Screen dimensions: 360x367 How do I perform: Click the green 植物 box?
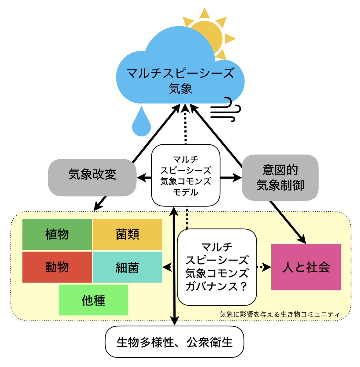(x=57, y=234)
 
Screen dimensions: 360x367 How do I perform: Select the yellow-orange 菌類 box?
(x=127, y=234)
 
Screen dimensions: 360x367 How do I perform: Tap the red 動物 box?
(x=57, y=267)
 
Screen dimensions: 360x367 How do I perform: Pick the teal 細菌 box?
(x=127, y=267)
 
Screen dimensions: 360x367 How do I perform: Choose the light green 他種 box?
(x=93, y=300)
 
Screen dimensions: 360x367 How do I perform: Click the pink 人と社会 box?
(x=306, y=267)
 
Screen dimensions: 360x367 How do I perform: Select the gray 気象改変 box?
(x=92, y=177)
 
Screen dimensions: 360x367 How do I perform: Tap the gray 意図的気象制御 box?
(x=280, y=177)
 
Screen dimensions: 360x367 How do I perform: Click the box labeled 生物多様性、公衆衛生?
(x=174, y=342)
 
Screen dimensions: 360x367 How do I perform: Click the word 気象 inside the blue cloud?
(x=180, y=89)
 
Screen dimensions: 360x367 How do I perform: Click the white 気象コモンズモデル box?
(x=186, y=175)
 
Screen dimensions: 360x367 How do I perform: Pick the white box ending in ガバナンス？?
(x=217, y=267)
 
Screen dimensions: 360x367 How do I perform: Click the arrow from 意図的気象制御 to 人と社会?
(x=288, y=222)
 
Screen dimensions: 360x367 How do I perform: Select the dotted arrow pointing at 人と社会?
(x=264, y=267)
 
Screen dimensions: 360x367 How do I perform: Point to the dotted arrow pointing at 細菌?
(x=170, y=267)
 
